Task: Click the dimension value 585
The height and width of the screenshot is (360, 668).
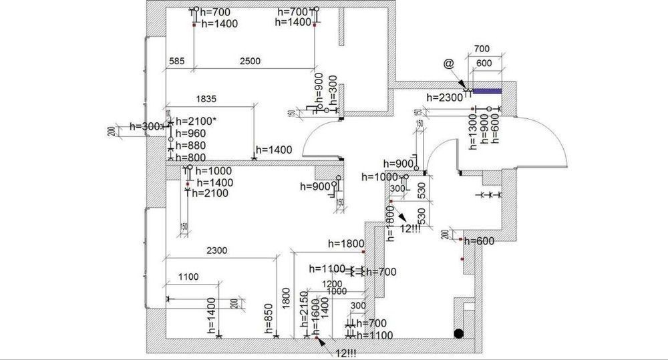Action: tap(176, 61)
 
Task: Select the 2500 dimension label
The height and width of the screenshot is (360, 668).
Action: tap(250, 61)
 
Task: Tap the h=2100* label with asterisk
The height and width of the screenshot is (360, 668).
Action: tap(197, 121)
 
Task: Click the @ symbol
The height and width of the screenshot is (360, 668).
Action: tap(448, 63)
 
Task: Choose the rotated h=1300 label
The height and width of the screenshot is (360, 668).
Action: tap(472, 128)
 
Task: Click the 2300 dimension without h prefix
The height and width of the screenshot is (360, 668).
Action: tap(217, 250)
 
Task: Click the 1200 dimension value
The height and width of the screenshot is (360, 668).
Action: tap(332, 284)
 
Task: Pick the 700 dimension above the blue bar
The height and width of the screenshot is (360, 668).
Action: tap(482, 49)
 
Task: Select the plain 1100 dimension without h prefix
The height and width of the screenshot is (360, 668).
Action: tap(189, 276)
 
